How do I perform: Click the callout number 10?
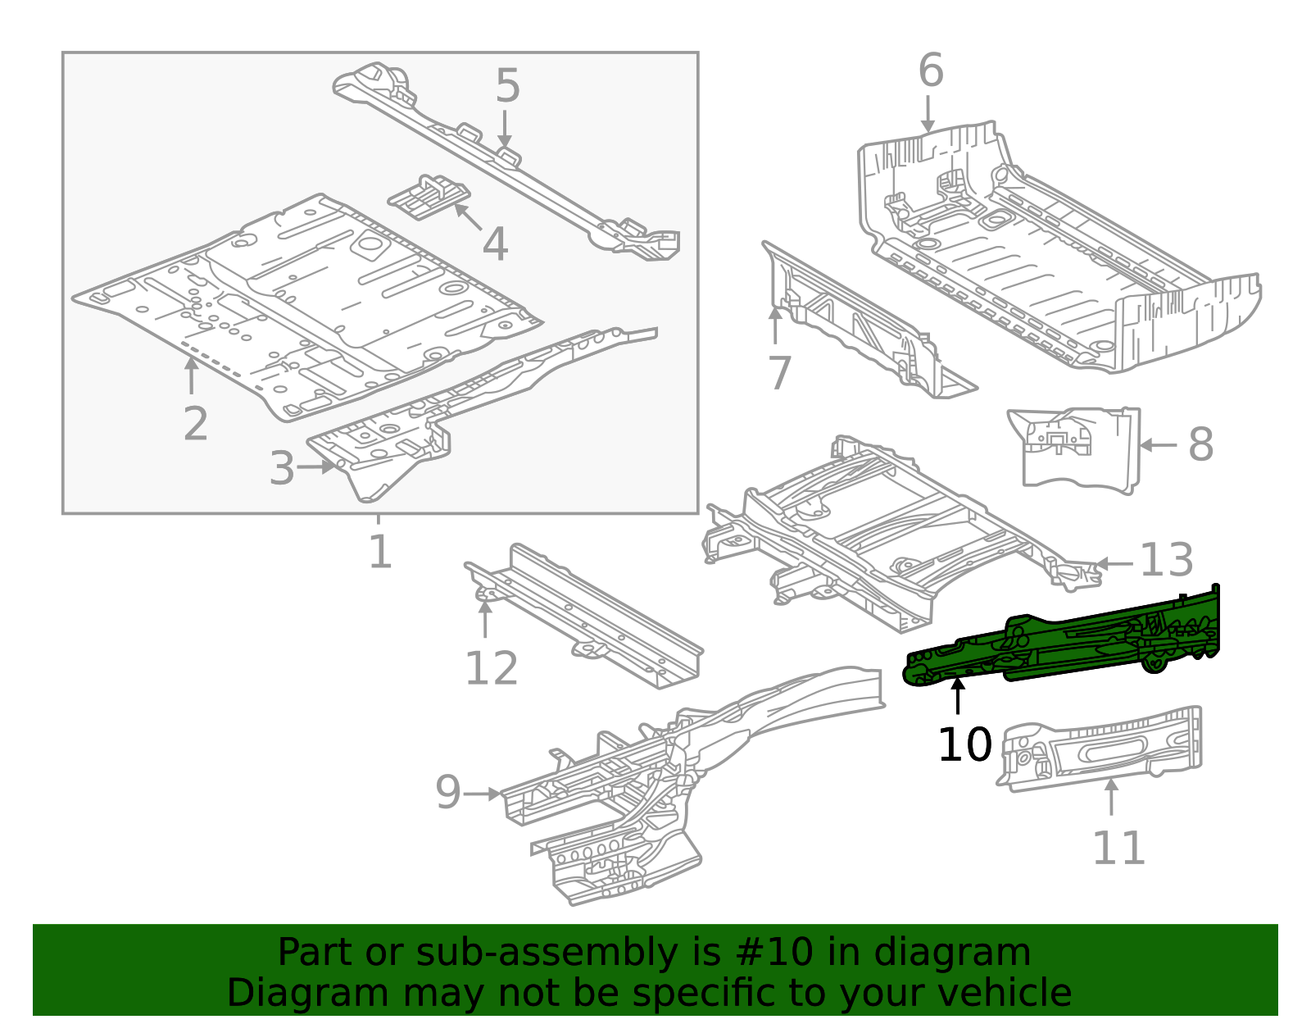964,745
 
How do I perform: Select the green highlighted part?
1065,644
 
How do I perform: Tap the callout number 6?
931,71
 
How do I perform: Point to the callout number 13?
1167,562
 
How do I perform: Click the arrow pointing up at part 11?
1111,798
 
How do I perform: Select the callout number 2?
195,425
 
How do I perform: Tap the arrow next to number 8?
1157,445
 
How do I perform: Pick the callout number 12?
492,669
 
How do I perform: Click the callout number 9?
448,793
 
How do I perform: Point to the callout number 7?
779,373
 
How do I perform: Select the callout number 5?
508,86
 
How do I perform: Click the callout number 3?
281,469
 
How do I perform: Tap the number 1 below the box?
379,552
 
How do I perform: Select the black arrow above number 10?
957,697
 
